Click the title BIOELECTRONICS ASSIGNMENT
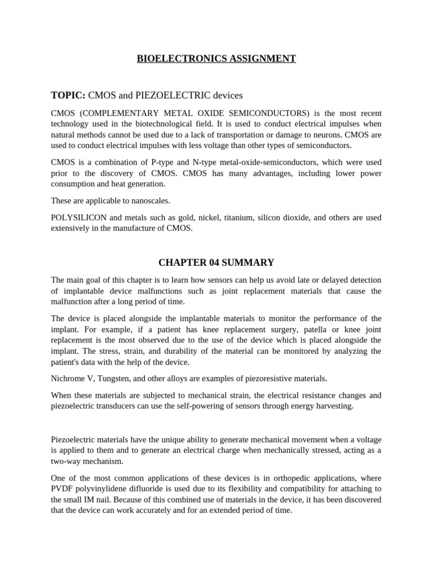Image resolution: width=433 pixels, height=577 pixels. coord(216,59)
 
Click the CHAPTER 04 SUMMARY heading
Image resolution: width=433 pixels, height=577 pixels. coord(216,263)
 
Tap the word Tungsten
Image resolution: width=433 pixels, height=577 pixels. coord(114,378)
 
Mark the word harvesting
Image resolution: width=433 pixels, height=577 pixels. coord(334,406)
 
